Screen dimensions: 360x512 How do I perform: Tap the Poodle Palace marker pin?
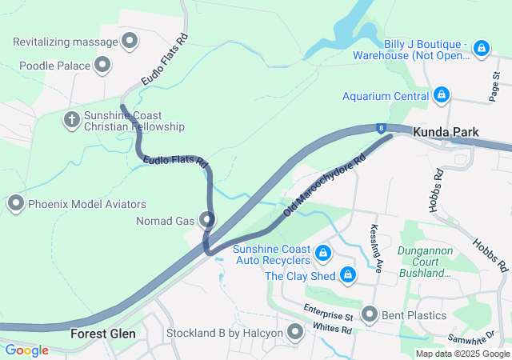pos(102,65)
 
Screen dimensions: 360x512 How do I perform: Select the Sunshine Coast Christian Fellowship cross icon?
pos(71,120)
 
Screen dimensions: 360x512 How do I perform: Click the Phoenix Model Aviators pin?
pos(15,204)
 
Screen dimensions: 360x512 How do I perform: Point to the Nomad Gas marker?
pos(208,219)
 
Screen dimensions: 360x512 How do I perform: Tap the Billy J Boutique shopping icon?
pos(481,49)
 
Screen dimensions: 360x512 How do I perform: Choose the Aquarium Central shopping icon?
pos(441,96)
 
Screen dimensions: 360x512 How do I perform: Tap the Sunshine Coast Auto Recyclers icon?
pos(323,254)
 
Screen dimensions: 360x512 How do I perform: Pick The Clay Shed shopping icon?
pos(348,276)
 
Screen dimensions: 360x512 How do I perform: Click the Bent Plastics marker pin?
pos(370,314)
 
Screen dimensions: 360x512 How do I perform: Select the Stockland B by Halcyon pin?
pos(296,332)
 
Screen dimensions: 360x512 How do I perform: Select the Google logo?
pos(27,350)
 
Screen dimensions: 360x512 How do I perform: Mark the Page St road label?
pos(495,86)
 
